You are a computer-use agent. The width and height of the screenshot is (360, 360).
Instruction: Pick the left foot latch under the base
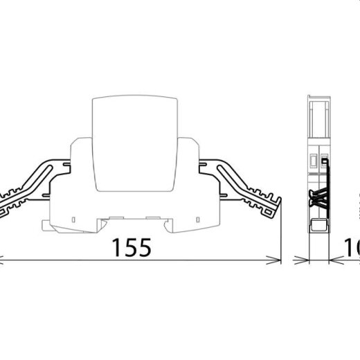click(x=48, y=224)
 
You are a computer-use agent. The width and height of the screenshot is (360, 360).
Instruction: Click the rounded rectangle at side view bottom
click(x=319, y=226)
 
